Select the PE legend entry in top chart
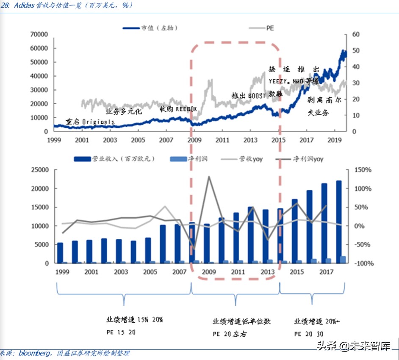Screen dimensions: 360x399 click(x=269, y=28)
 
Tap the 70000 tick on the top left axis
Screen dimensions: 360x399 click(x=39, y=34)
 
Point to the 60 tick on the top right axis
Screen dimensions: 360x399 click(x=356, y=34)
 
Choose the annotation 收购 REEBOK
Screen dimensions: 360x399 click(x=178, y=109)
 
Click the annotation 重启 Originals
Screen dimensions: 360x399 click(x=90, y=122)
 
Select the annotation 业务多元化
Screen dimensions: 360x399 click(x=124, y=112)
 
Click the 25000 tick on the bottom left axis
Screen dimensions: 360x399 click(x=39, y=170)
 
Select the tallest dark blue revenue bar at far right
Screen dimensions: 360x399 click(x=339, y=222)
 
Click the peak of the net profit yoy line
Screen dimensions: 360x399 click(x=208, y=177)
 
